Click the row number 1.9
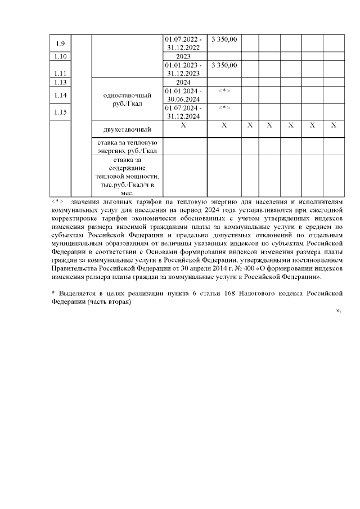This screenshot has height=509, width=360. coord(61,43)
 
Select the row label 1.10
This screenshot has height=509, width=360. coord(61,56)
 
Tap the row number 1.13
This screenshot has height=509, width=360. coord(61,83)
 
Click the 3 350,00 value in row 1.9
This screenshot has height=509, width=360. coord(224,39)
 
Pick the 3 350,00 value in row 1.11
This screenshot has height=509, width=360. coord(224,65)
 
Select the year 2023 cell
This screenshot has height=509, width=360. coord(184,56)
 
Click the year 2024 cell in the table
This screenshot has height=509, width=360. coord(184,83)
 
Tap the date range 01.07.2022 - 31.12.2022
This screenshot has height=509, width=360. coord(184,43)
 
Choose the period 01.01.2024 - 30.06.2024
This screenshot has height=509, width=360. coord(184,95)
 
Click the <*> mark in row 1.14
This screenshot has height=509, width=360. coord(224,91)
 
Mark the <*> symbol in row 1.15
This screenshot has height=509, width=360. coord(224,108)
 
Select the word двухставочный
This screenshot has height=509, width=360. coord(127,130)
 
